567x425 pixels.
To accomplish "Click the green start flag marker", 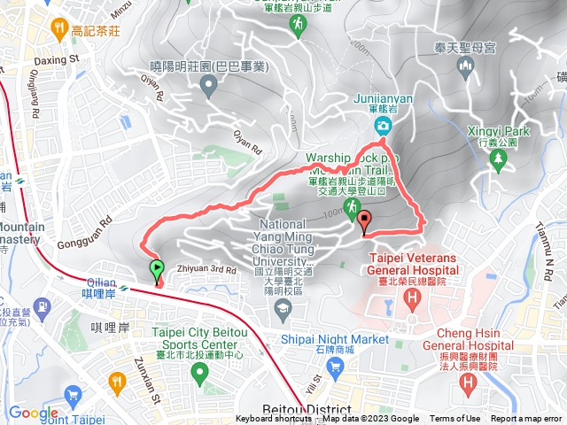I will click(x=157, y=267).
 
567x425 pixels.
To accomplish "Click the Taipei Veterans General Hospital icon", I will click(x=412, y=298).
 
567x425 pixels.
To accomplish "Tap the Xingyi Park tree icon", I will click(x=499, y=159).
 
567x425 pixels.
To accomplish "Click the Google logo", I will click(x=34, y=413).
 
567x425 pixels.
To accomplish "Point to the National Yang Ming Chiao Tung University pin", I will click(x=283, y=307).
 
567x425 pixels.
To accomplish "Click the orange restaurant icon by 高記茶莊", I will click(x=58, y=28).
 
